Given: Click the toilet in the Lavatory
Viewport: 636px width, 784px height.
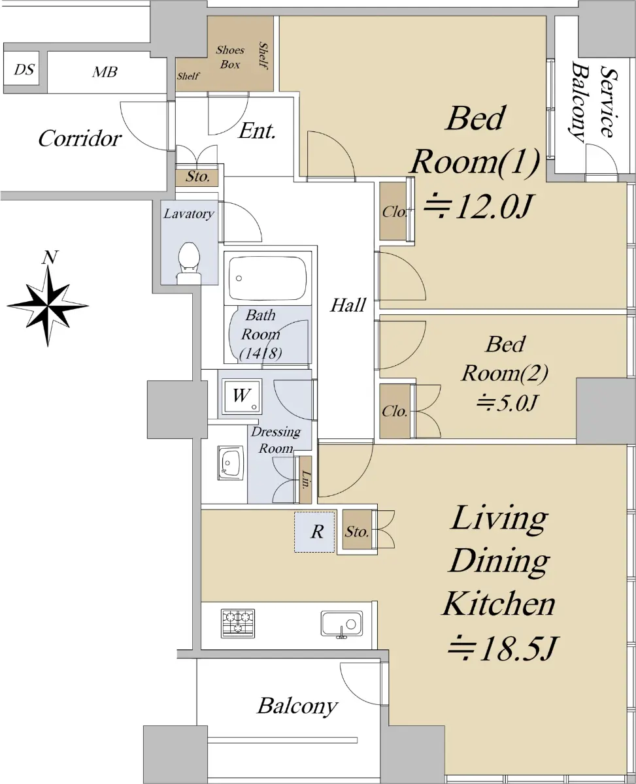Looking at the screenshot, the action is pyautogui.click(x=189, y=263).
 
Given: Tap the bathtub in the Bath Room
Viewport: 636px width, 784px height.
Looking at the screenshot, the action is pyautogui.click(x=268, y=278).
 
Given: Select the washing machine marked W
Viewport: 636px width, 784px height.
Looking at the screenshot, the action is pyautogui.click(x=241, y=396).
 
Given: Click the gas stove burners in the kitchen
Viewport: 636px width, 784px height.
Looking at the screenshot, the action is pyautogui.click(x=238, y=623).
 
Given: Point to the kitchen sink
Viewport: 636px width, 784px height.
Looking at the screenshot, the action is pyautogui.click(x=341, y=624).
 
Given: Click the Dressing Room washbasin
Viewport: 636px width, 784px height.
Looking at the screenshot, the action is pyautogui.click(x=231, y=463).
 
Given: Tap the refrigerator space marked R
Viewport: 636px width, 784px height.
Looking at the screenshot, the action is pyautogui.click(x=315, y=532).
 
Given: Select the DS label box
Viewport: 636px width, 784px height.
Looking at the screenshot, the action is pyautogui.click(x=24, y=69).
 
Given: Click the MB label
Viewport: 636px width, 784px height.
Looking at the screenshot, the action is pyautogui.click(x=105, y=72).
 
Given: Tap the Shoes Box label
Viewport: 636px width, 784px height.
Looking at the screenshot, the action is pyautogui.click(x=230, y=57).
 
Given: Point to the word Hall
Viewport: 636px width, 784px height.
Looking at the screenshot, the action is pyautogui.click(x=348, y=305).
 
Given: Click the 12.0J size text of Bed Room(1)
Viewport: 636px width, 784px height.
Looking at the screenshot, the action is pyautogui.click(x=478, y=206).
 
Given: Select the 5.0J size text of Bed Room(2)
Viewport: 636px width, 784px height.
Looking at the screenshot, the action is pyautogui.click(x=507, y=402).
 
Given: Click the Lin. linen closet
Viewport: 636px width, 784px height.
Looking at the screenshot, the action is pyautogui.click(x=306, y=480).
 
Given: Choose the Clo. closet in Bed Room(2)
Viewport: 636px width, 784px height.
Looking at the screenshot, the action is pyautogui.click(x=395, y=411).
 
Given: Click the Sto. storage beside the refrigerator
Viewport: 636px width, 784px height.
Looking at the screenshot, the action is pyautogui.click(x=357, y=531).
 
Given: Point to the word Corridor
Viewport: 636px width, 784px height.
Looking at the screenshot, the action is pyautogui.click(x=80, y=139).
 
